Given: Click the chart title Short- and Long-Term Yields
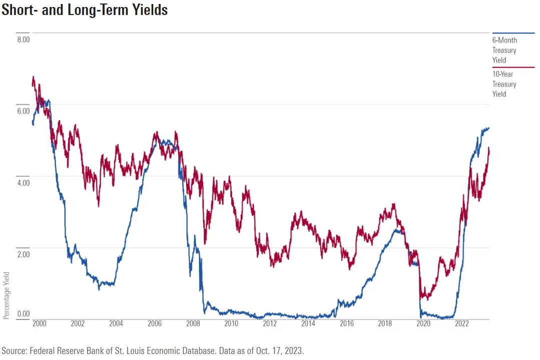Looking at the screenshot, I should coord(84,10).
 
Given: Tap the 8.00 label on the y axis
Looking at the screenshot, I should coord(24,39).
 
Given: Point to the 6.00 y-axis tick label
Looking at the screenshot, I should coord(24,110).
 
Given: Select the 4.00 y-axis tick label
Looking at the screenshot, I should coord(24,182).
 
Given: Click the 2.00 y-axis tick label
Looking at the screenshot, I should coord(24,254).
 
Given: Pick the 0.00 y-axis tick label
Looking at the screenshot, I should coord(24,314).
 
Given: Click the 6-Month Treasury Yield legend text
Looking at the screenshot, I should coord(504,50).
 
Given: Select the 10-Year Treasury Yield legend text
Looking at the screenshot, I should coord(504,84).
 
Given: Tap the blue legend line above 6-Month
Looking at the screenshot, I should coord(513,33).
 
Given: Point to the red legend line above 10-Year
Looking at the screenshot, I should coord(513,67).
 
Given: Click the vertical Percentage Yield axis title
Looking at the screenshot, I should coord(6,295).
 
